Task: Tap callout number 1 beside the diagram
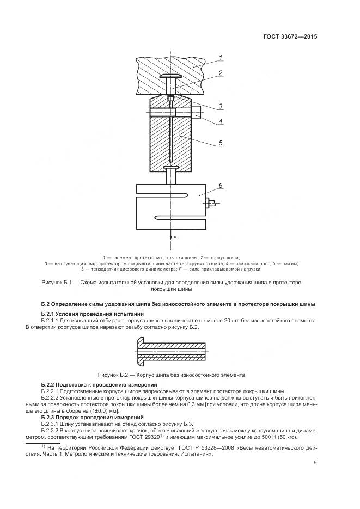(x=221, y=57)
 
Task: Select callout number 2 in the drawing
(x=220, y=72)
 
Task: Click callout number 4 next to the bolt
(x=221, y=121)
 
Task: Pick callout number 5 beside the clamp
(x=221, y=143)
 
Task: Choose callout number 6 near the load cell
(x=221, y=186)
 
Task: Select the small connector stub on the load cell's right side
(x=210, y=204)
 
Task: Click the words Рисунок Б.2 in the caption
(x=113, y=375)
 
